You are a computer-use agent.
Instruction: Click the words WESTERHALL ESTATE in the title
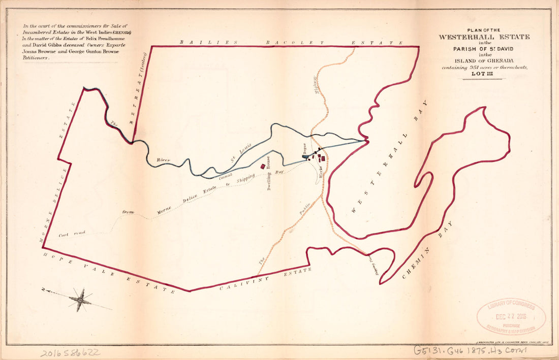tap(484, 37)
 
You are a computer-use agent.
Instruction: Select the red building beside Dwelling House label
tap(262, 166)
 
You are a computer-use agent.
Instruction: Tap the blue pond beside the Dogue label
tap(305, 157)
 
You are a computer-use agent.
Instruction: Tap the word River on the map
tap(163, 160)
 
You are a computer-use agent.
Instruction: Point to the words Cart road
tap(72, 234)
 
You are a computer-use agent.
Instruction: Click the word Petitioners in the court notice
tap(35, 58)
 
